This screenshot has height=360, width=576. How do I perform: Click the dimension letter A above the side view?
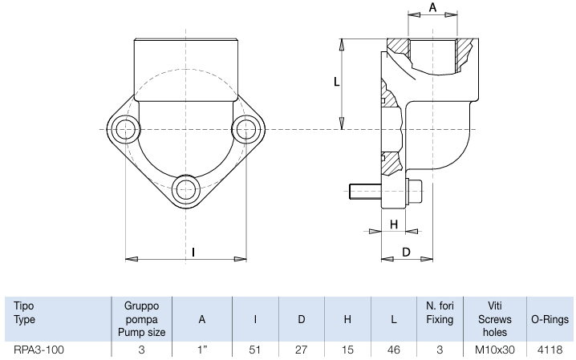[432, 7]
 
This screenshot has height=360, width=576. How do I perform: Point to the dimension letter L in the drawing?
[336, 82]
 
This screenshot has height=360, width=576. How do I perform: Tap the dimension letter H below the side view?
[394, 224]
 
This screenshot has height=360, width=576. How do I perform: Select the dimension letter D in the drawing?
[406, 252]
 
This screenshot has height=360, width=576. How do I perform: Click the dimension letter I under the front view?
[193, 252]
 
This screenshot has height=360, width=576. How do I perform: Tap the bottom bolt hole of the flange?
[186, 189]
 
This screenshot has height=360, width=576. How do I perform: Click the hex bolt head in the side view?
[415, 191]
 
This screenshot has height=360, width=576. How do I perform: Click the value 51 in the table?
[254, 350]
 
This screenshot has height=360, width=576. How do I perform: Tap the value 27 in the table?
[301, 350]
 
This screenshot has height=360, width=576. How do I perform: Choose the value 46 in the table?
[393, 350]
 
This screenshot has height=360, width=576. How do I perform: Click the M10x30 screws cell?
[495, 350]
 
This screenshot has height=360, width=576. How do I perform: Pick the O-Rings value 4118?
[550, 350]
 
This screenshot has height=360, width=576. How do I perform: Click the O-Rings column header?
[550, 319]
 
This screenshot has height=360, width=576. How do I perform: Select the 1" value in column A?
[202, 350]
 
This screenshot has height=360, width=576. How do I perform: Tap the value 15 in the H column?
[347, 350]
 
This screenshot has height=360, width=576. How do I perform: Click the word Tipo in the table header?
[24, 305]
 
